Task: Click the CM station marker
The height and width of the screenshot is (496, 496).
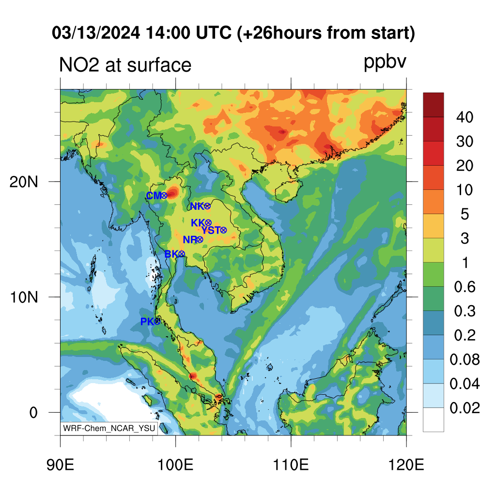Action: click(164, 196)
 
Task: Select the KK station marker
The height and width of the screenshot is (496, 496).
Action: click(208, 223)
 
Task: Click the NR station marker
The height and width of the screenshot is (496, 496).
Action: click(200, 239)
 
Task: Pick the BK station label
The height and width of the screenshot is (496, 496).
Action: click(171, 254)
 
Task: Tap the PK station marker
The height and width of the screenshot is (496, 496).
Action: click(157, 322)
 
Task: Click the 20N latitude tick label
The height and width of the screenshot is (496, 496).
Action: click(24, 182)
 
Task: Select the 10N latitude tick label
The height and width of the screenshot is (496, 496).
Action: click(24, 297)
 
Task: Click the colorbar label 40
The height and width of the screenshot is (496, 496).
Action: click(465, 117)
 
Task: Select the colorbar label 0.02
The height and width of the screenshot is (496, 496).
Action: click(465, 408)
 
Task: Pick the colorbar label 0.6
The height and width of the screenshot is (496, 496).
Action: click(465, 287)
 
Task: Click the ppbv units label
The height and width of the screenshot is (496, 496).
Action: click(385, 62)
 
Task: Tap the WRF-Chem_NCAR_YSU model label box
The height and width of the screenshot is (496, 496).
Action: click(109, 428)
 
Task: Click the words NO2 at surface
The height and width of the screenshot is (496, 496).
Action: click(125, 65)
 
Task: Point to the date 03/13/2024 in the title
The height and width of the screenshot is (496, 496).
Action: click(96, 33)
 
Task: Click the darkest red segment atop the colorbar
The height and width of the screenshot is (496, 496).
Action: click(434, 105)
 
